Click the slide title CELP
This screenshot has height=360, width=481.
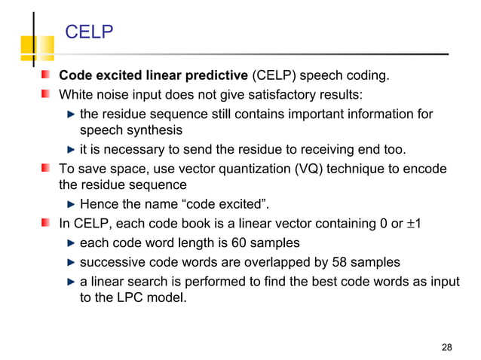coord(90,32)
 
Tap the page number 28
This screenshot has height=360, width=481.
coord(446,347)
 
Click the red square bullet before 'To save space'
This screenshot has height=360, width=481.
coord(47,168)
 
